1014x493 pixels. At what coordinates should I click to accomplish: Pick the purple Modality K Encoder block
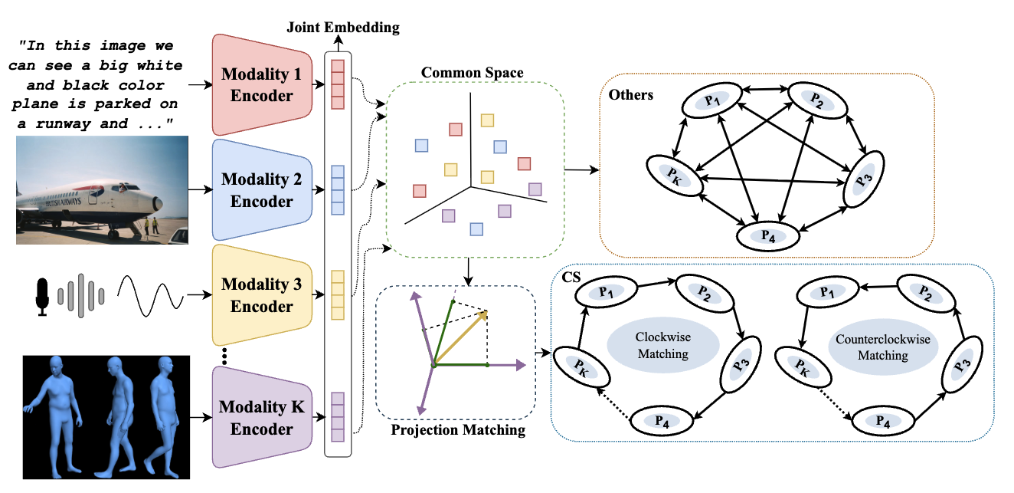coord(257,418)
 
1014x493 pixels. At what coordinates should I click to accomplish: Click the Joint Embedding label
coord(343,28)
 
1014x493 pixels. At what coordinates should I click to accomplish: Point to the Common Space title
coord(472,73)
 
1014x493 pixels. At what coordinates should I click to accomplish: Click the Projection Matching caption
coord(458,429)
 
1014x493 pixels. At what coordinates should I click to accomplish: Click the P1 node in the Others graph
coord(713,99)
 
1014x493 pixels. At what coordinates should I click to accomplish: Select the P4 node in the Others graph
coord(768,234)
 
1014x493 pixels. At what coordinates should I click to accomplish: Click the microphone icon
coord(42,294)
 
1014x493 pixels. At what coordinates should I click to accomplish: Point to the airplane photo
coord(102,189)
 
